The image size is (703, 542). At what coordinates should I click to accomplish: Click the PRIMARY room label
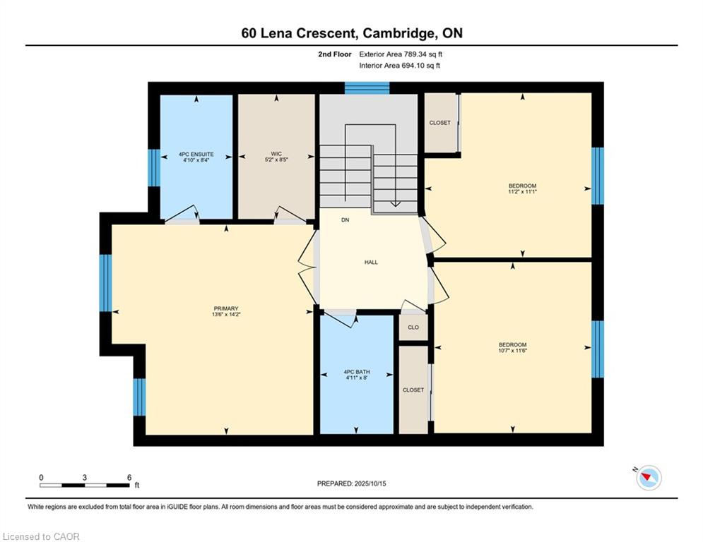[226, 308]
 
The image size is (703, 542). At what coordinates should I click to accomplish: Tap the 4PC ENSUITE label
[196, 154]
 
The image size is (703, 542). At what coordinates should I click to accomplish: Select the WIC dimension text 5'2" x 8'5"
[276, 159]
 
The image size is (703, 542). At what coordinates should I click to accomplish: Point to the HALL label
[371, 263]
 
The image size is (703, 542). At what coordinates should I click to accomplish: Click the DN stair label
[345, 220]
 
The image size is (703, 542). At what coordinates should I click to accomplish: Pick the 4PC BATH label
[356, 372]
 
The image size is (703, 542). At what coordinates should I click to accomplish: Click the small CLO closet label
[413, 327]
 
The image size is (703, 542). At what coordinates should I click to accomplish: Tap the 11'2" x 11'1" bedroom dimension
[522, 191]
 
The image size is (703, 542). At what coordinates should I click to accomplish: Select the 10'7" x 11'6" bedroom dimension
[512, 351]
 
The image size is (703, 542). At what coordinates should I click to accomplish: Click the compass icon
[649, 478]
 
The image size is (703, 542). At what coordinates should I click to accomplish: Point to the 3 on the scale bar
[84, 478]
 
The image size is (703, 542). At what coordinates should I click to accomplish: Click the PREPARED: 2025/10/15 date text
[352, 483]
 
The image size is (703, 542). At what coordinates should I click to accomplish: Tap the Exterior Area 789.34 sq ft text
[401, 54]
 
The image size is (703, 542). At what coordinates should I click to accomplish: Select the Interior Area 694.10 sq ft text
[399, 66]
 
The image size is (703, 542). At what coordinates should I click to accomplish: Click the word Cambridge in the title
[398, 33]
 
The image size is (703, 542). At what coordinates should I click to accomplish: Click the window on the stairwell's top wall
[367, 88]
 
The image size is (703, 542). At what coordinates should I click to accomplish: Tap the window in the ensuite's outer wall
[154, 167]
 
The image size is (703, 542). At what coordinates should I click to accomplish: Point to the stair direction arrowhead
[395, 204]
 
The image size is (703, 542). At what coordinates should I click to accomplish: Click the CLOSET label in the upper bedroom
[440, 123]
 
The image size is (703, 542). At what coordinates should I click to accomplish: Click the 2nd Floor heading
[335, 54]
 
